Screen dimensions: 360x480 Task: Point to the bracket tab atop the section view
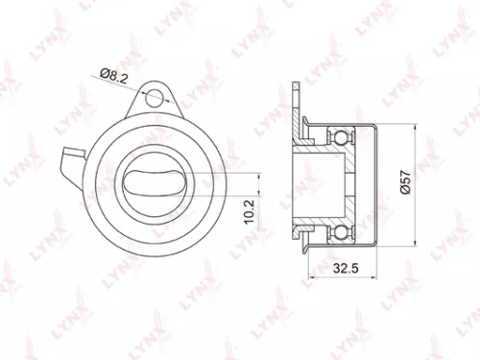coord(298,101)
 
